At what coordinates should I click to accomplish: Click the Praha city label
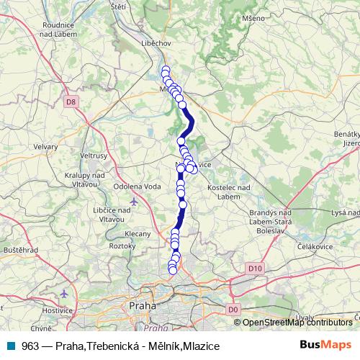[x=143, y=306]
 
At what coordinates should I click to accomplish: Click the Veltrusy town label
[x=94, y=155]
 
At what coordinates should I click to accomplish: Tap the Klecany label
[x=138, y=234]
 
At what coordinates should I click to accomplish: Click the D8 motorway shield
[x=69, y=102]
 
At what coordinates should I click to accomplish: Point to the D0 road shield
[x=232, y=309]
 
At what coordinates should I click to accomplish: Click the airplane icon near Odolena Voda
[x=133, y=200]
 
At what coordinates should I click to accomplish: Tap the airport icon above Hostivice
[x=66, y=294]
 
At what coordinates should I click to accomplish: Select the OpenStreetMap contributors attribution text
[x=297, y=323]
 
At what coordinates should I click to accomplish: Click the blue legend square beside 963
[x=12, y=346]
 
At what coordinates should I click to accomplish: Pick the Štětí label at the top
[x=119, y=6]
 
